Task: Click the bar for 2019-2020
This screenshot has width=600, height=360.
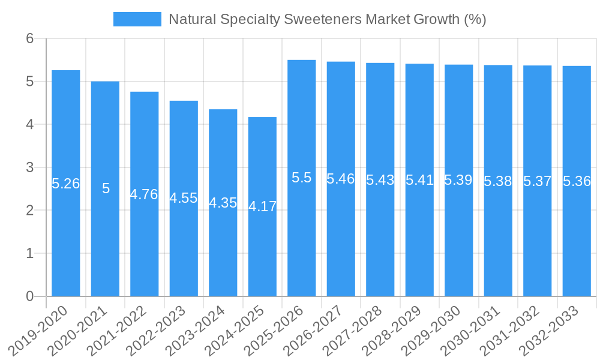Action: click(66, 240)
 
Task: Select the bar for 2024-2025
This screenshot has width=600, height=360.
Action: click(262, 252)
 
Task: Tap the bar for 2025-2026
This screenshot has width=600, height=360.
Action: click(302, 240)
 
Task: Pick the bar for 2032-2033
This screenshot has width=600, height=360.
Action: click(577, 240)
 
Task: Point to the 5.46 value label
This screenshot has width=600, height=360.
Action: click(341, 179)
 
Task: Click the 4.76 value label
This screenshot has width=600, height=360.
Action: click(144, 194)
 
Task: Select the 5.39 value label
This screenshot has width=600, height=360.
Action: click(458, 180)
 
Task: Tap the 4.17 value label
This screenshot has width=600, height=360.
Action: click(262, 206)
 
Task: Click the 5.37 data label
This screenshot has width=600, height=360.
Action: click(537, 181)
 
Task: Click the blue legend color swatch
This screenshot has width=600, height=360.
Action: click(137, 19)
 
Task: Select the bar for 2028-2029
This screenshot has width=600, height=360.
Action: click(419, 240)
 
